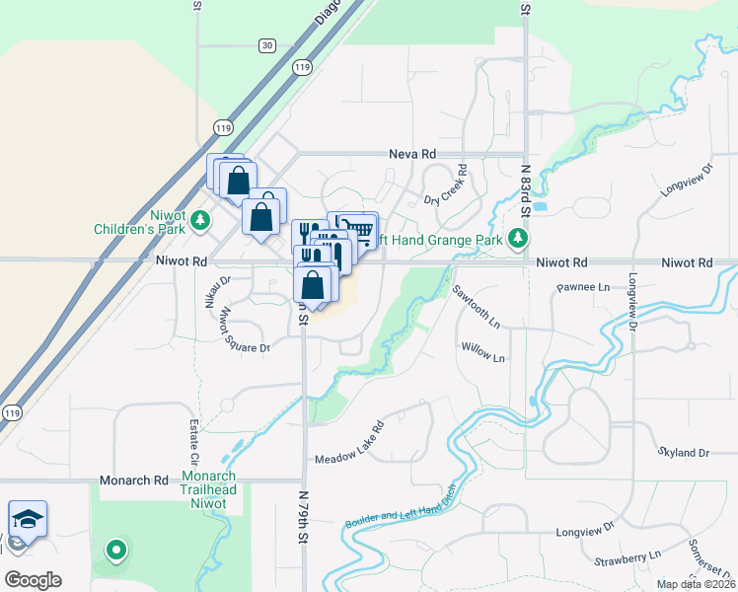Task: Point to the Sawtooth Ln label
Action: coord(478,307)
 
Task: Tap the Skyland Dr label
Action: coord(683,452)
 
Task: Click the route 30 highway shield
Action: coord(267,45)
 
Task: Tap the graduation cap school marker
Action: coord(28,518)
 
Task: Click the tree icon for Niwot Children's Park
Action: coord(201,219)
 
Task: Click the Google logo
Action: coord(33,580)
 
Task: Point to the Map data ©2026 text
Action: coord(696,584)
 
